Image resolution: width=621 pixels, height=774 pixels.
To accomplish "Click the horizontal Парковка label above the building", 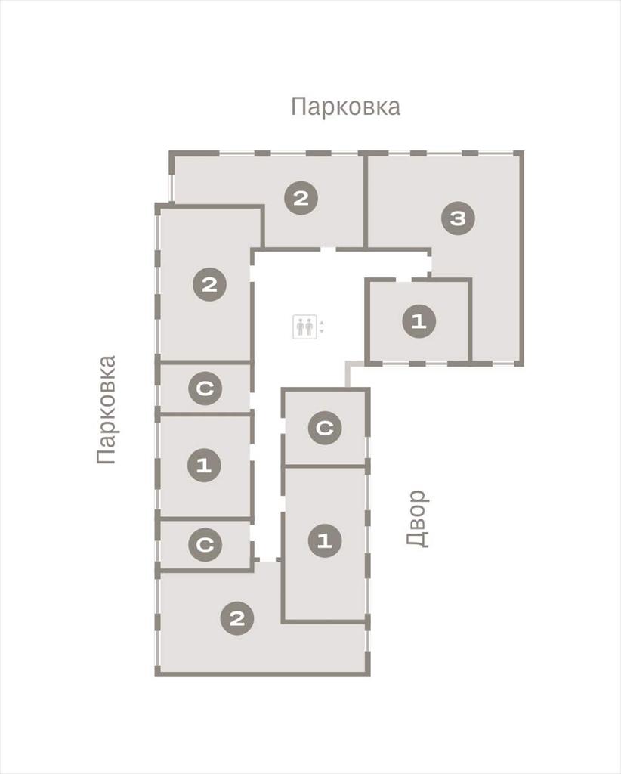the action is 345,107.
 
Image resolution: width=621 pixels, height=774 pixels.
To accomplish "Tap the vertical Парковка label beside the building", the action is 107,410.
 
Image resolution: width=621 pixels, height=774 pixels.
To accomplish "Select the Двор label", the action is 417,519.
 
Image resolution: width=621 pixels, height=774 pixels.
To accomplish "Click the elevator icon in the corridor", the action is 304,327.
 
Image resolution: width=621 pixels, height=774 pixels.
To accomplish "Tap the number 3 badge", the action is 459,218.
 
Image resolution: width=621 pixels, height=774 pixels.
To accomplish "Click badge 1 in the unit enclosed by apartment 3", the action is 419,322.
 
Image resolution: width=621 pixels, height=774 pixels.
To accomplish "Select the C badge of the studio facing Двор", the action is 325,428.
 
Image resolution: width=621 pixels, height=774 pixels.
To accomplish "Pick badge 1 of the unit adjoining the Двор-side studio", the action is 325,541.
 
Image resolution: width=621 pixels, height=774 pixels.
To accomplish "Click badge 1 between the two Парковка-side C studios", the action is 204,465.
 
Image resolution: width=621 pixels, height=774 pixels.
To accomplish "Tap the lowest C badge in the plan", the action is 205,545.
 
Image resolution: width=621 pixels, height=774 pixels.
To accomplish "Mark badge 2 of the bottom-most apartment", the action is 237,618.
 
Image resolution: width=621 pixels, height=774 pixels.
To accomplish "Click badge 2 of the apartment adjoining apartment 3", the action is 301,199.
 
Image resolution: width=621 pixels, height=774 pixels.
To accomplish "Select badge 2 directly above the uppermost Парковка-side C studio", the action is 209,285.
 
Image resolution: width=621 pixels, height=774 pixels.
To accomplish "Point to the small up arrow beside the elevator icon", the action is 322,324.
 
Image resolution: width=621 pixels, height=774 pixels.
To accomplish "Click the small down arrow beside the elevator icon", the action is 322,331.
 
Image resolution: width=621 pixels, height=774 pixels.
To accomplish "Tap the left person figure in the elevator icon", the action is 300,327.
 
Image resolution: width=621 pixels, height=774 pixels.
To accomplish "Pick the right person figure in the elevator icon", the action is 309,327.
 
